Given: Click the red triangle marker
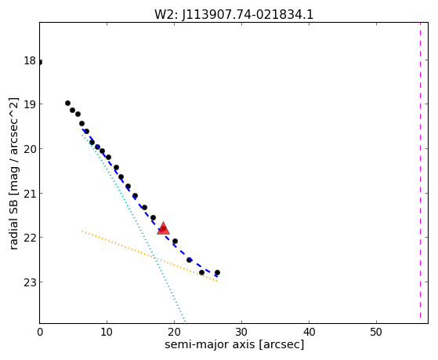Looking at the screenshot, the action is (164, 228).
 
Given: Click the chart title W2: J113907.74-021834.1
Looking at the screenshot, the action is (233, 14).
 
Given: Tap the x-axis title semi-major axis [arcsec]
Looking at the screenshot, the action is (234, 344).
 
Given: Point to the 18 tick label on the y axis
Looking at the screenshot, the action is (30, 60).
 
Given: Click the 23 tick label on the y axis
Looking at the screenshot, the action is (30, 282).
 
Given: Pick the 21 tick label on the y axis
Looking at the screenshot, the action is (30, 193).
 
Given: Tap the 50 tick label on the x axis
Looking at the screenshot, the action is (376, 332).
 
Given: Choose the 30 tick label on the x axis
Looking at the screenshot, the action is (241, 332).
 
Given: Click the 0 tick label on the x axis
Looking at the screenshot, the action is (40, 332).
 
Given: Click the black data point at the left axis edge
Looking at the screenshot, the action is (40, 62).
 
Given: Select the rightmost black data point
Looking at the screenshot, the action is (217, 272).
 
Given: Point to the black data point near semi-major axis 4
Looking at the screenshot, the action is (67, 104).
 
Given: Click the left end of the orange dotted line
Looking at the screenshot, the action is (82, 231).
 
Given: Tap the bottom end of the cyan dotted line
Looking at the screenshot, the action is (185, 321).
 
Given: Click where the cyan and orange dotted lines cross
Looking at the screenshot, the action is (154, 258).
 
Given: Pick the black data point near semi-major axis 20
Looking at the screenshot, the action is (176, 241).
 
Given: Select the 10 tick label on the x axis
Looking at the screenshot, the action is (107, 332).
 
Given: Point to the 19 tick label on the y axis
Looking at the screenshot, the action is (30, 104).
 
